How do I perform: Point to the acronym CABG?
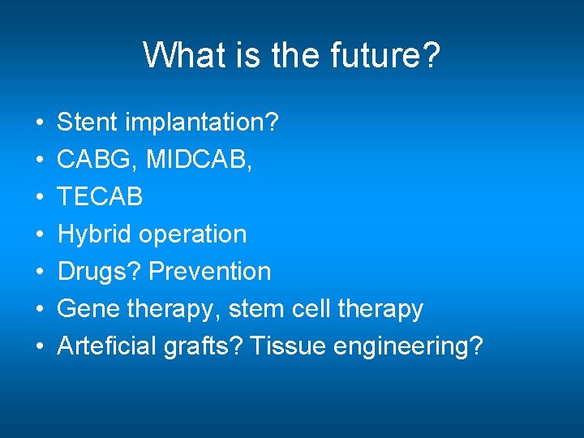pos(97,160)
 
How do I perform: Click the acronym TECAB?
pos(100,197)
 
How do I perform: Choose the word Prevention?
pos(209,272)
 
